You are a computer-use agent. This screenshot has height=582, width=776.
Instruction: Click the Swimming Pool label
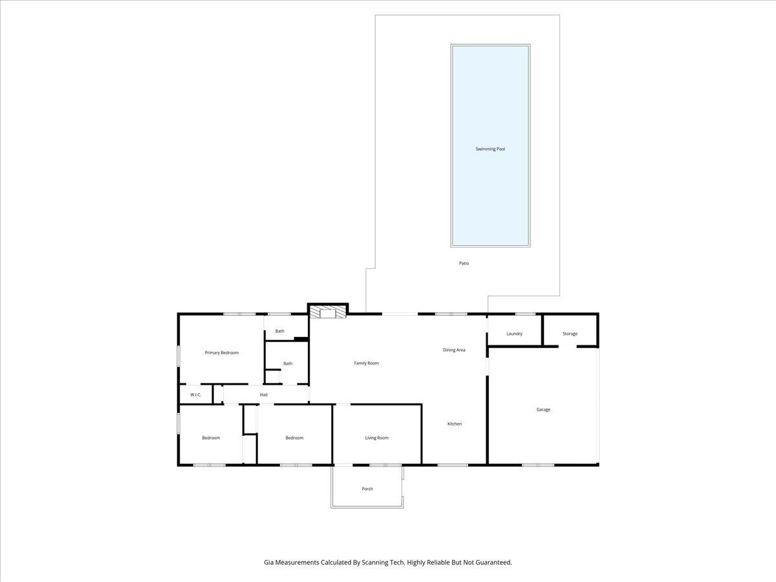coord(490,149)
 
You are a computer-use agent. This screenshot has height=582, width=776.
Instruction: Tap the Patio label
coord(464,263)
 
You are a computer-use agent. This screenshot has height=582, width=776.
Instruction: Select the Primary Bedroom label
coord(222,352)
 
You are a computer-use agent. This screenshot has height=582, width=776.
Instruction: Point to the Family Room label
coord(366,363)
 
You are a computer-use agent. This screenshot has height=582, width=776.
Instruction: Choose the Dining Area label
coord(454,350)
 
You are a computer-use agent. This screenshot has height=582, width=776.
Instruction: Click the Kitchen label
coord(455,424)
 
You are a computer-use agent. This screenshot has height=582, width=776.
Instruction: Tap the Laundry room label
coord(514,334)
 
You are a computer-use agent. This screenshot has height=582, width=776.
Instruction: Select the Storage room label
coord(570,334)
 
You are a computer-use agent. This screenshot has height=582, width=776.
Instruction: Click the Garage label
coord(543,409)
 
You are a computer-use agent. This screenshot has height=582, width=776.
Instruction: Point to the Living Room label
coord(376,438)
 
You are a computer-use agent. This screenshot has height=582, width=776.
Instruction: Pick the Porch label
coord(367,489)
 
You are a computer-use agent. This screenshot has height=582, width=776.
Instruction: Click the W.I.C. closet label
coord(195,394)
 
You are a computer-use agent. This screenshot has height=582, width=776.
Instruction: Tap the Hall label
coord(264,394)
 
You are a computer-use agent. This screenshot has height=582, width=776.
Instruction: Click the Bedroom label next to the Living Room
coord(294,438)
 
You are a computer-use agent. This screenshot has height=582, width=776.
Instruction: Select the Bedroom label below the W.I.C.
coord(211,438)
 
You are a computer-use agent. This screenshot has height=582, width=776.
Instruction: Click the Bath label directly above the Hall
coord(288,363)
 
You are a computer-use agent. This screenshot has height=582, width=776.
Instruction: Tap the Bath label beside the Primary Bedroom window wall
coord(279,331)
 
